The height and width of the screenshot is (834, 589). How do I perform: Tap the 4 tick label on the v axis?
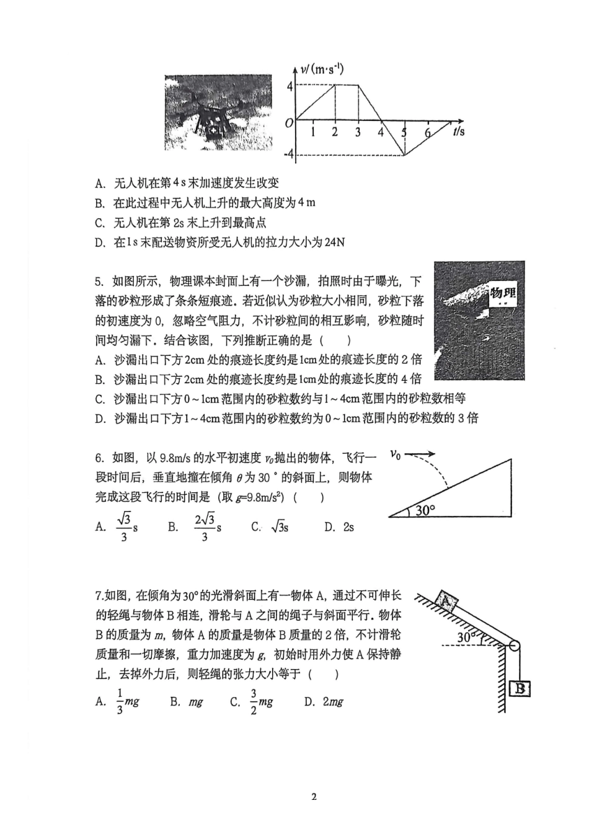(289, 86)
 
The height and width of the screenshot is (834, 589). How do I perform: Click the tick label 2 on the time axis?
(335, 132)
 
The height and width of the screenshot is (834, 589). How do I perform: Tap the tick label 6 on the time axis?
(427, 132)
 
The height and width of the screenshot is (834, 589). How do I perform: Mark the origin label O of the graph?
(289, 123)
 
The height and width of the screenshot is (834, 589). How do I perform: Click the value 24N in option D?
(334, 242)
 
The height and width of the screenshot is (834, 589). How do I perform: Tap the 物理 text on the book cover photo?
(502, 293)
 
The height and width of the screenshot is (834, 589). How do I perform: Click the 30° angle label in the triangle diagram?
(425, 510)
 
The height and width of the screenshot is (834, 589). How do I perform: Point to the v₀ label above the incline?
(395, 455)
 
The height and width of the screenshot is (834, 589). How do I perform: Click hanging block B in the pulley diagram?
(520, 688)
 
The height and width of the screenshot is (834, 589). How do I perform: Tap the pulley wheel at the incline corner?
(514, 645)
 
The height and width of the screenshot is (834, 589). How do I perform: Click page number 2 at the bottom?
(314, 797)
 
